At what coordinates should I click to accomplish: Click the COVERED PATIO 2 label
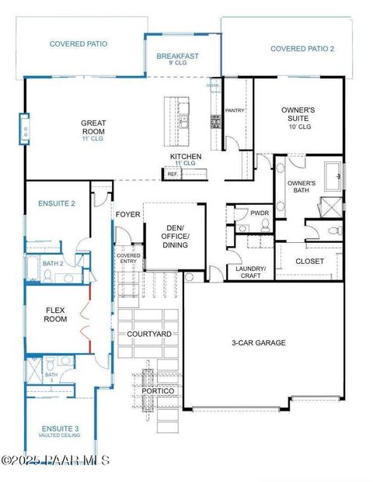(302, 49)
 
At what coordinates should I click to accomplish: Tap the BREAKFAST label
(178, 56)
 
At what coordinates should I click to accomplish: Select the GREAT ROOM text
(93, 127)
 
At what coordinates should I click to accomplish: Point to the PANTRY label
(235, 110)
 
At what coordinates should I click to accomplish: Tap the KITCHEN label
(186, 157)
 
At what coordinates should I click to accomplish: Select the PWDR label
(260, 213)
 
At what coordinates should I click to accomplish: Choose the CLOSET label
(310, 262)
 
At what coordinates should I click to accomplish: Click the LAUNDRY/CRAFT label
(251, 272)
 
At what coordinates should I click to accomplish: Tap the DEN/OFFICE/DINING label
(174, 236)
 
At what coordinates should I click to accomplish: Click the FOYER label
(127, 214)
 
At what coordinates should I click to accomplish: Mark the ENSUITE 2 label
(56, 203)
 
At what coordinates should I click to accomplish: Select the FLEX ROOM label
(55, 314)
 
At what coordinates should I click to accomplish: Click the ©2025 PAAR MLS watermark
(55, 460)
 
